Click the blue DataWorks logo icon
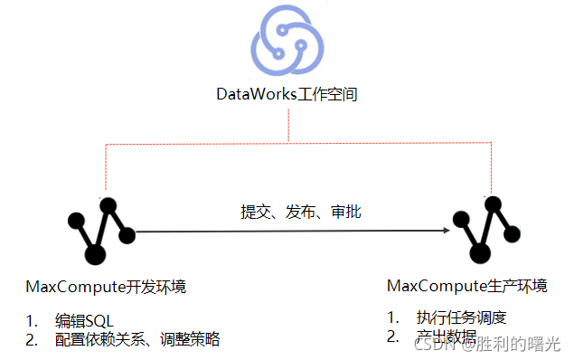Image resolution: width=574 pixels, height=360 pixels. tap(287, 41)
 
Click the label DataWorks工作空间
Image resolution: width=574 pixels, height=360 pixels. tap(287, 94)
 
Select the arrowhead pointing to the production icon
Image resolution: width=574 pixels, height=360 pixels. tap(446, 231)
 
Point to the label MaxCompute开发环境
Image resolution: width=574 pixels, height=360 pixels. tap(107, 288)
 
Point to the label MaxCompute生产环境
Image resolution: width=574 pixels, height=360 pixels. tap(466, 287)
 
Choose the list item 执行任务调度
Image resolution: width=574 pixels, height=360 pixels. tap(461, 317)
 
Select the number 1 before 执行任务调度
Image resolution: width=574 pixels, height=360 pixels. tap(392, 317)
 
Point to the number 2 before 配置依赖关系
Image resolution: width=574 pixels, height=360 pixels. tap(32, 339)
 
